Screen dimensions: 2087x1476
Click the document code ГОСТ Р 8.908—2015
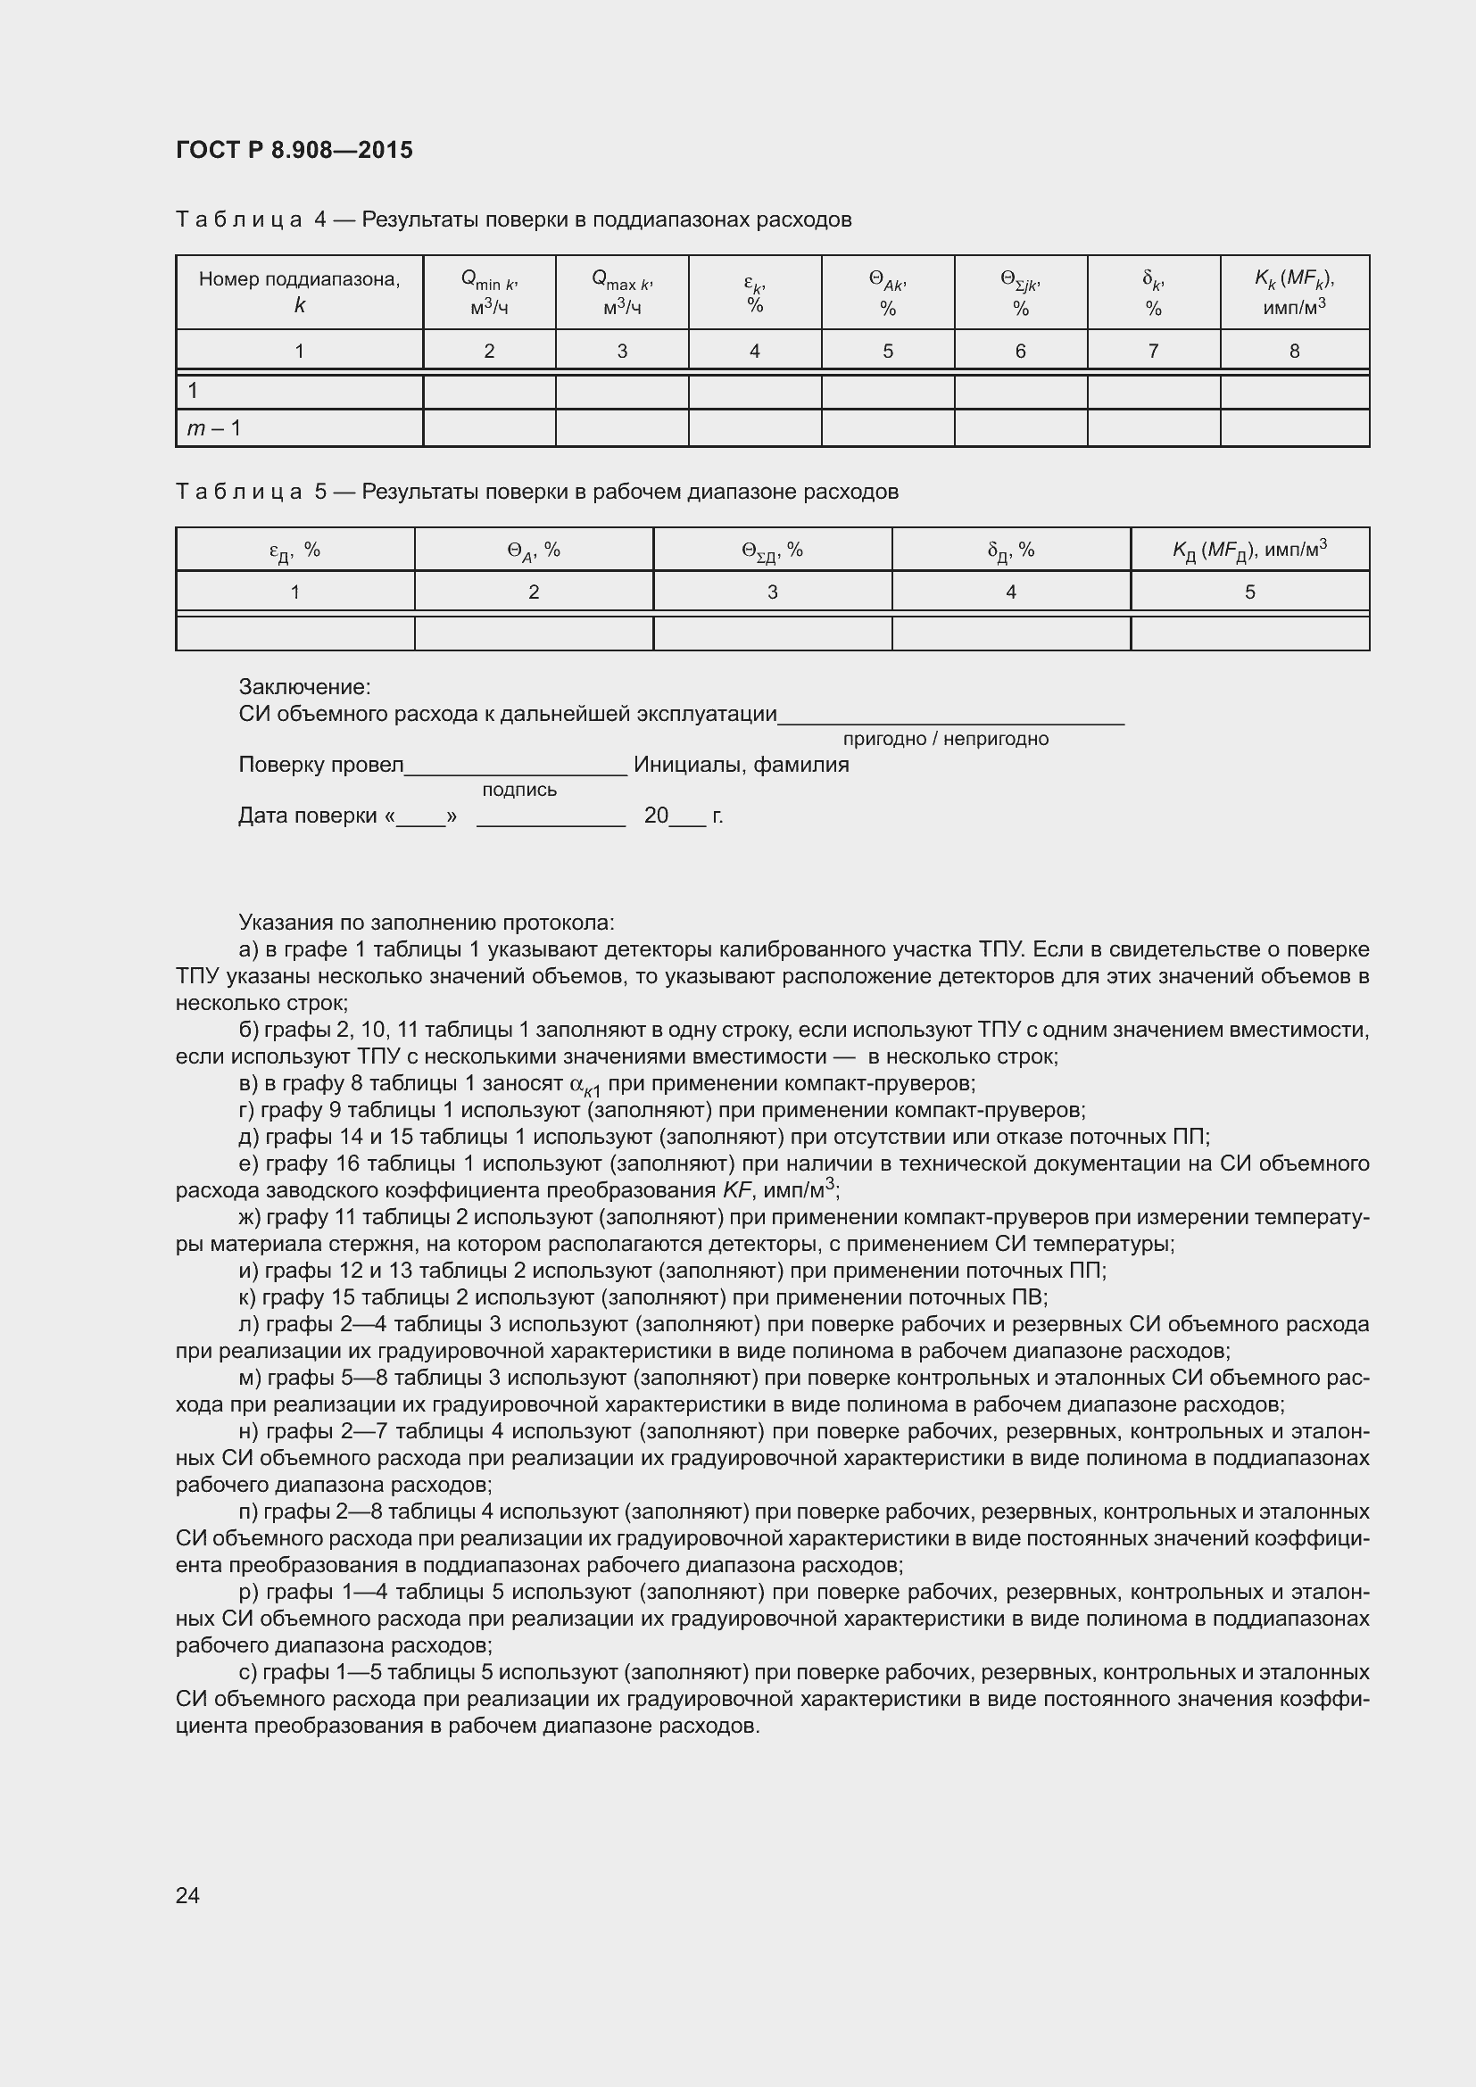[x=294, y=150]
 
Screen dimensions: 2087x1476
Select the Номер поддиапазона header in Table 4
[x=299, y=291]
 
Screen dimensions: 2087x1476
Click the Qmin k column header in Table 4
[x=489, y=293]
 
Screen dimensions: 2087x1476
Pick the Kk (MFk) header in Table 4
[x=1294, y=293]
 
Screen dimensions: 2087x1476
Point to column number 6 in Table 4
[x=1020, y=351]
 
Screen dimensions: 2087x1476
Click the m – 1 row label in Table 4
[x=214, y=428]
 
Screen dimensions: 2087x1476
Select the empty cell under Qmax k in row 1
[x=622, y=392]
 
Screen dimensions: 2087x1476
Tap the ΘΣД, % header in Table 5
[x=772, y=550]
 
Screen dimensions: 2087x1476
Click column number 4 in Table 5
[x=1011, y=592]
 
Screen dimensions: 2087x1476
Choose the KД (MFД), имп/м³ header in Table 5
[x=1249, y=550]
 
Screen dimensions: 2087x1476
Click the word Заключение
[x=304, y=687]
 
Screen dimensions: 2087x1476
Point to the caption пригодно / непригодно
[x=945, y=739]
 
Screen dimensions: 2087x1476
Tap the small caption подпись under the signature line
[x=519, y=790]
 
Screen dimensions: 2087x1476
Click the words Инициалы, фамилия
[x=741, y=765]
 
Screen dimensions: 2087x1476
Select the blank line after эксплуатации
[x=950, y=718]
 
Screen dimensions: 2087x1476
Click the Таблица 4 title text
[x=513, y=219]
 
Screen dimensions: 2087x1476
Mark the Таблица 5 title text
[x=536, y=492]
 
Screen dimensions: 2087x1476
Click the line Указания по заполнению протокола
[x=427, y=923]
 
